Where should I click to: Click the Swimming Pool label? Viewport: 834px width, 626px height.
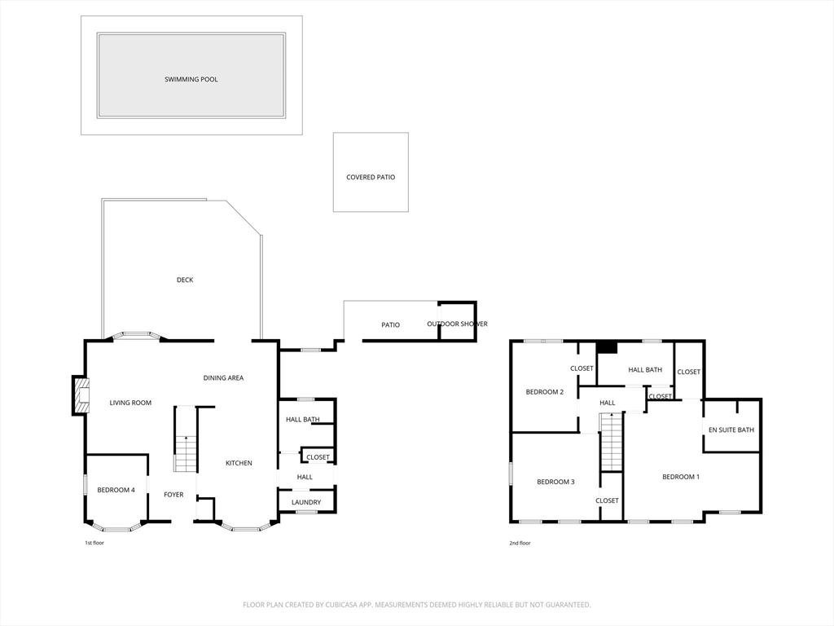coord(191,79)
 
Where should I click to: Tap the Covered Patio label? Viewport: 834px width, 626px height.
coord(371,177)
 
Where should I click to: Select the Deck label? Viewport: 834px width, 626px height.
coord(185,280)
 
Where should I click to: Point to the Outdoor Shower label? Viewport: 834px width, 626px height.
coord(458,324)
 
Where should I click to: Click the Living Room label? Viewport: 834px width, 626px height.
coord(130,403)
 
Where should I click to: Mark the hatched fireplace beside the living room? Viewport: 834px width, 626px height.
coord(81,395)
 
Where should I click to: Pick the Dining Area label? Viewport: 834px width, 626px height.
coord(223,378)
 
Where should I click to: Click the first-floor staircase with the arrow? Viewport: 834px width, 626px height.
coord(186,439)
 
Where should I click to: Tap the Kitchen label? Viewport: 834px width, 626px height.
coord(239,463)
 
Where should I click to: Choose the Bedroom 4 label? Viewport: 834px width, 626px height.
coord(116,490)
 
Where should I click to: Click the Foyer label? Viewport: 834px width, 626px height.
coord(173,495)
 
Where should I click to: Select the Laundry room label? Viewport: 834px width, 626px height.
coord(306,502)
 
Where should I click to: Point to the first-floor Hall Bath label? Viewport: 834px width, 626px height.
coord(303,420)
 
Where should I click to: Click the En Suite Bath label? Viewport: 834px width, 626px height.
coord(731,430)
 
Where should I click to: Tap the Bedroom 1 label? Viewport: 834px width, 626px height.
coord(681,477)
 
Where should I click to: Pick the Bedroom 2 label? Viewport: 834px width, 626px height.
coord(545,392)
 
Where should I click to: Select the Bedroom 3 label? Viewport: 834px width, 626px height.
coord(555,483)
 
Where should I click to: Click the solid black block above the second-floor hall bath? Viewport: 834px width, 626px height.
coord(606,347)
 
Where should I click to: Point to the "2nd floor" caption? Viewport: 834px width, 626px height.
coord(520,543)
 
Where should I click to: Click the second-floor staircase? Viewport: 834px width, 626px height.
coord(612,443)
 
